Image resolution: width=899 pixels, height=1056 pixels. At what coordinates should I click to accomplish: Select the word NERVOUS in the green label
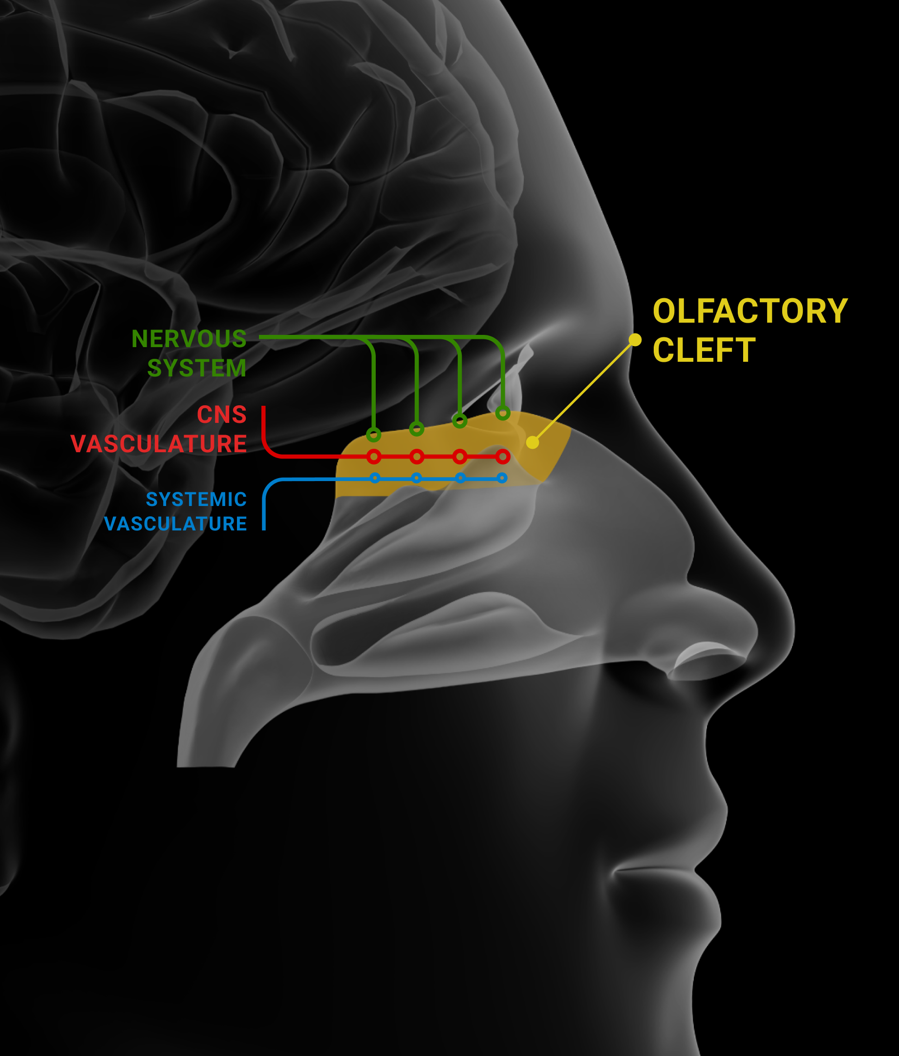pyautogui.click(x=189, y=339)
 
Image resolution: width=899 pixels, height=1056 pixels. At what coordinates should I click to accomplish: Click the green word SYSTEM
pyautogui.click(x=196, y=368)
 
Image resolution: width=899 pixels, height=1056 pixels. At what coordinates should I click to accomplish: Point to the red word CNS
pyautogui.click(x=221, y=415)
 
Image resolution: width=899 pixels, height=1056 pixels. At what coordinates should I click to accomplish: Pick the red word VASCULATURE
pyautogui.click(x=158, y=444)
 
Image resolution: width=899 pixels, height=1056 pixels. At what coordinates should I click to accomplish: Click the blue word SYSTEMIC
pyautogui.click(x=196, y=500)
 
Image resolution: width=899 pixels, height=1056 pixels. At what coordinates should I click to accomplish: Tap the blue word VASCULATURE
pyautogui.click(x=175, y=524)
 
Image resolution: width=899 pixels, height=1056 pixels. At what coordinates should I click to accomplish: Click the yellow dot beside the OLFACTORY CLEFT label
pyautogui.click(x=635, y=340)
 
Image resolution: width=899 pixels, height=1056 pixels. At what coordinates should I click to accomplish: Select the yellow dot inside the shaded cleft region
pyautogui.click(x=532, y=442)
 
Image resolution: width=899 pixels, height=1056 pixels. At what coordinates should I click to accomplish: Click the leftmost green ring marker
pyautogui.click(x=373, y=435)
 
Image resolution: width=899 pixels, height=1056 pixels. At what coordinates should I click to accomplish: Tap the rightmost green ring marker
pyautogui.click(x=503, y=413)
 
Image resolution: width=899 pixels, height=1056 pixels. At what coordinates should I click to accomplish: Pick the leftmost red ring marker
pyautogui.click(x=374, y=457)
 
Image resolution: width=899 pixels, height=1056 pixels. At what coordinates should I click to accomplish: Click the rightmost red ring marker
pyautogui.click(x=503, y=457)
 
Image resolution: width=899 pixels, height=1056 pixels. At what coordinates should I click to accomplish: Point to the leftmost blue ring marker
pyautogui.click(x=375, y=478)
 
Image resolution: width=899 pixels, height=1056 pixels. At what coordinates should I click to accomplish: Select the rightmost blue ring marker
pyautogui.click(x=502, y=478)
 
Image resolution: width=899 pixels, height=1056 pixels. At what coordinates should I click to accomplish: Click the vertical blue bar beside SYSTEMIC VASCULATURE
pyautogui.click(x=264, y=509)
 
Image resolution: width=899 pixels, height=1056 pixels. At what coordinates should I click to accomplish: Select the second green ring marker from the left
pyautogui.click(x=417, y=429)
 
